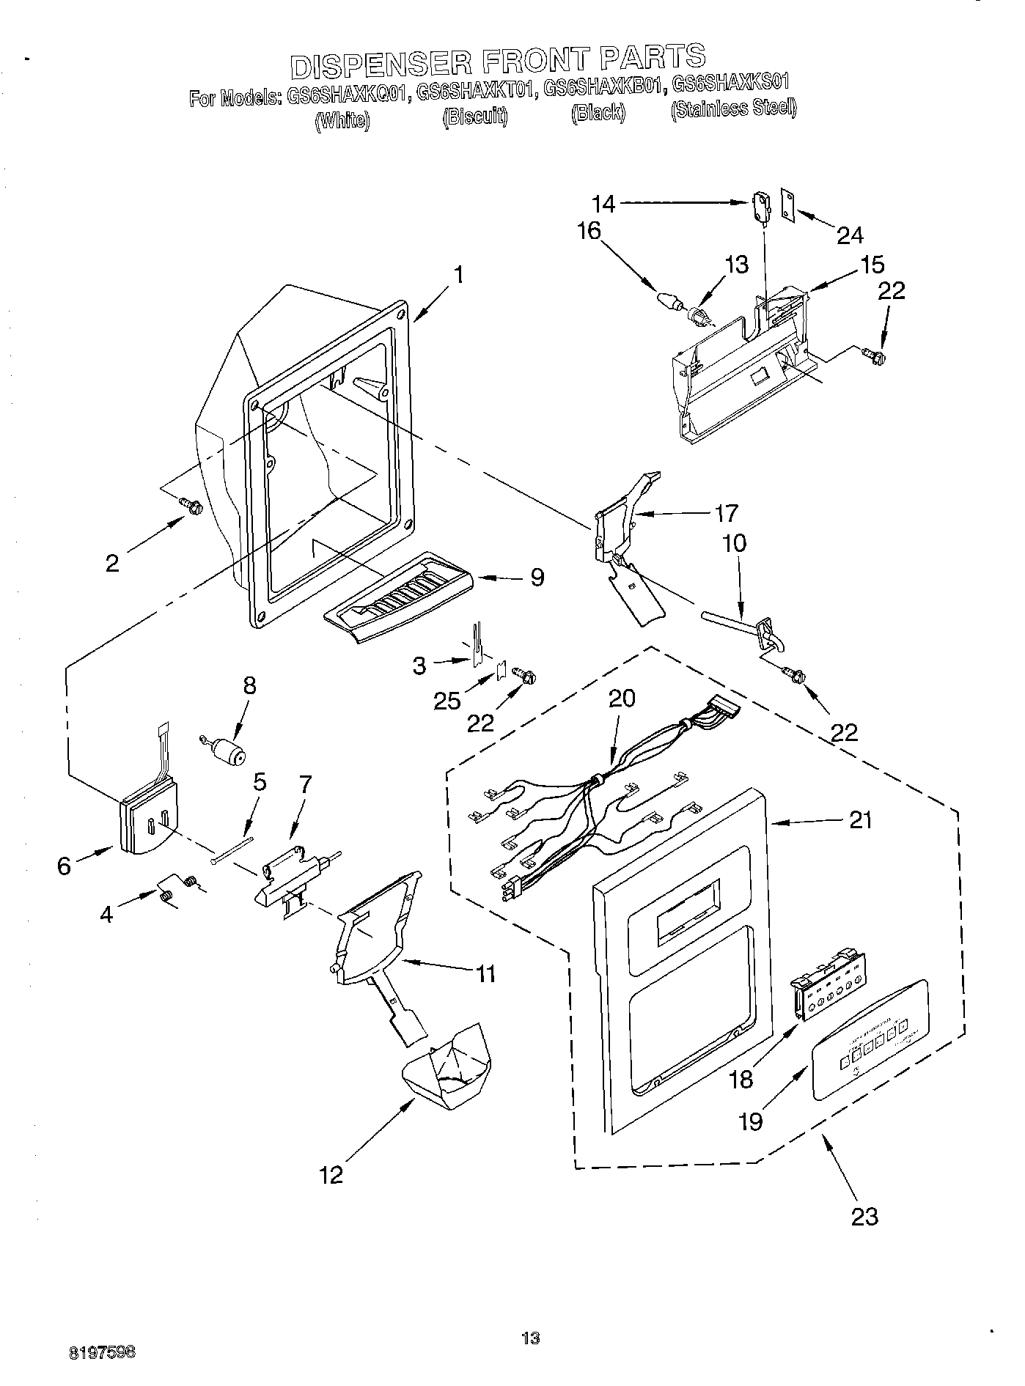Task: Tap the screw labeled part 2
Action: click(192, 506)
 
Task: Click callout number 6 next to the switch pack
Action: click(65, 866)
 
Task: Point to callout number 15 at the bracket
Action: click(872, 265)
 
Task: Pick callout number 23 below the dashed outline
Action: click(864, 1216)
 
